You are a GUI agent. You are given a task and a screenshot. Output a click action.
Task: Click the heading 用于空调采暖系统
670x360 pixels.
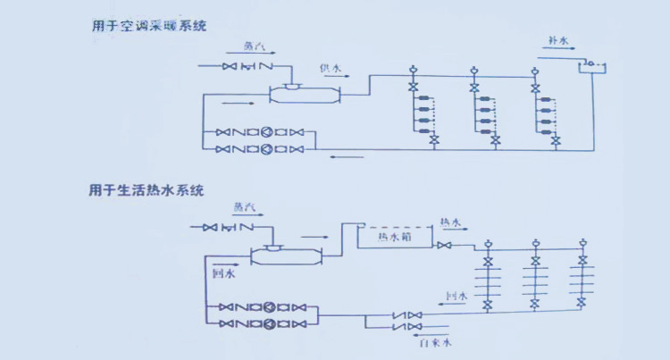148,26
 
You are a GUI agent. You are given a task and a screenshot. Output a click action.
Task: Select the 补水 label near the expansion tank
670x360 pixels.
560,41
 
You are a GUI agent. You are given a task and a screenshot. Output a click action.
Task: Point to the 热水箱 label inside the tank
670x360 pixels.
394,238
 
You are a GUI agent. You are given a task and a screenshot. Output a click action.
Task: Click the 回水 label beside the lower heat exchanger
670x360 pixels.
222,274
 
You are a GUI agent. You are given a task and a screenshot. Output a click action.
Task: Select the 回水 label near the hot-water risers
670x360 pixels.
456,296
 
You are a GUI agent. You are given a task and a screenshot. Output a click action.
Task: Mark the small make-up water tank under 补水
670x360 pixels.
590,66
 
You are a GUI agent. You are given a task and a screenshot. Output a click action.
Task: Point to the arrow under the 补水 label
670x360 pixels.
558,53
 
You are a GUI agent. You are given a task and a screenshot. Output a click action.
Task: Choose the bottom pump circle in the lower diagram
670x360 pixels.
268,322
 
